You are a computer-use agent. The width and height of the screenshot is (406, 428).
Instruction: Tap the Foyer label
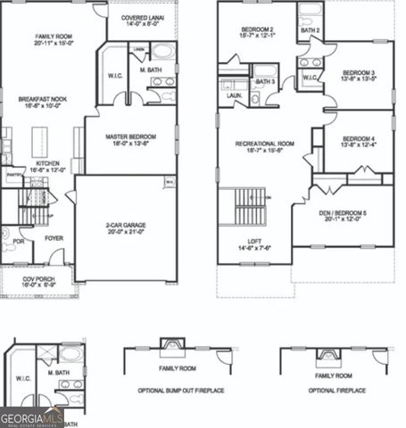tap(54, 238)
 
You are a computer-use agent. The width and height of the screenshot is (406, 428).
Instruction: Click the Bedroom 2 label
tap(257, 32)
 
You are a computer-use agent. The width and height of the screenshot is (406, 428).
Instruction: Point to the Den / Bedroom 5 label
tap(342, 215)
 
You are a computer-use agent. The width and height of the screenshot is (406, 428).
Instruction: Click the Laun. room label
tap(235, 95)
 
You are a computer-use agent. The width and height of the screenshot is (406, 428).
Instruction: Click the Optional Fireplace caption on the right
tap(337, 391)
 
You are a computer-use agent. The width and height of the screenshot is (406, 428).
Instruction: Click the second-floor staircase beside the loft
tap(248, 208)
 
